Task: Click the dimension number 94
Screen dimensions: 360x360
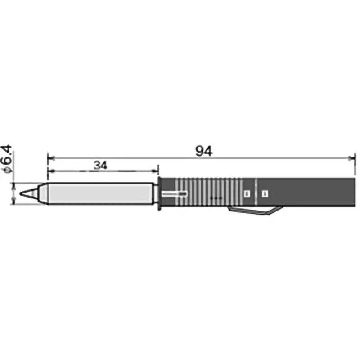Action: tap(203, 151)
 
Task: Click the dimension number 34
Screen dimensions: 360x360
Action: tap(100, 165)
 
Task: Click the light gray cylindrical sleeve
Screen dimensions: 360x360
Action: tap(99, 193)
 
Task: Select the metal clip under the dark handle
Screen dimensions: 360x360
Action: tap(255, 211)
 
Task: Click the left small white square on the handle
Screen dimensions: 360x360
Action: tap(246, 193)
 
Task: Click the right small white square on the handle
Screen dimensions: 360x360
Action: tap(265, 193)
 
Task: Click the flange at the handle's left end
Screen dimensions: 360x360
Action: tap(160, 193)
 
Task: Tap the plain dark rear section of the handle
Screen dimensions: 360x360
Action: tap(315, 193)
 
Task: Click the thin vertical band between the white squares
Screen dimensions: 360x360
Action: tap(256, 193)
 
